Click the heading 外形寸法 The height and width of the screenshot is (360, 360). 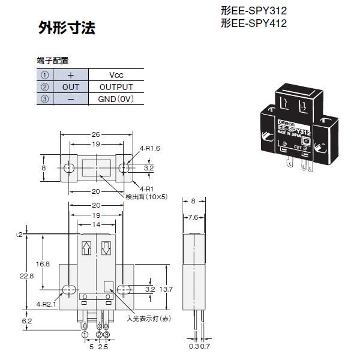pyautogui.click(x=67, y=28)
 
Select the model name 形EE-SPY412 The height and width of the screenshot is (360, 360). pyautogui.click(x=254, y=23)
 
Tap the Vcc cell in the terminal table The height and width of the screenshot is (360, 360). pyautogui.click(x=116, y=75)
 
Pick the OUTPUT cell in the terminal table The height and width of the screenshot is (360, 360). pyautogui.click(x=116, y=87)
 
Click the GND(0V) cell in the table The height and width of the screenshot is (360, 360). pyautogui.click(x=116, y=99)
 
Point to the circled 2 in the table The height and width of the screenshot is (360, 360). pyautogui.click(x=44, y=87)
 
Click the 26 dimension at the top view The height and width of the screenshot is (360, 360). pyautogui.click(x=96, y=134)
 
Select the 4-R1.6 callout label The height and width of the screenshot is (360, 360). pyautogui.click(x=149, y=148)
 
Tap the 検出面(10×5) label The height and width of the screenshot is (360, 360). pyautogui.click(x=146, y=197)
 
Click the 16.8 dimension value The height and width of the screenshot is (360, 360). pyautogui.click(x=43, y=264)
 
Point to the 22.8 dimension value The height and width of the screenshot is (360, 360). pyautogui.click(x=26, y=276)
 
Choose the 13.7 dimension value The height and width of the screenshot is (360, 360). pyautogui.click(x=166, y=289)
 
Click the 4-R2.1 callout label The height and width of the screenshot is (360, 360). pyautogui.click(x=46, y=304)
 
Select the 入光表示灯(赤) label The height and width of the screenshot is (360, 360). pyautogui.click(x=149, y=319)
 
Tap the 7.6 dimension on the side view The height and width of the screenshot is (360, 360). pyautogui.click(x=193, y=217)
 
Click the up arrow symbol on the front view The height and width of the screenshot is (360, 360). pyautogui.click(x=86, y=248)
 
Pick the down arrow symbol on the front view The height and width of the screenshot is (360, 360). pyautogui.click(x=106, y=248)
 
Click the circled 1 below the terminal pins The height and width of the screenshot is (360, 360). pyautogui.click(x=85, y=335)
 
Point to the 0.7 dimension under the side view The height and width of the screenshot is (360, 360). pyautogui.click(x=205, y=346)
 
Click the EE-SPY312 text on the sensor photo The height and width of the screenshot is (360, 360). pyautogui.click(x=294, y=130)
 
